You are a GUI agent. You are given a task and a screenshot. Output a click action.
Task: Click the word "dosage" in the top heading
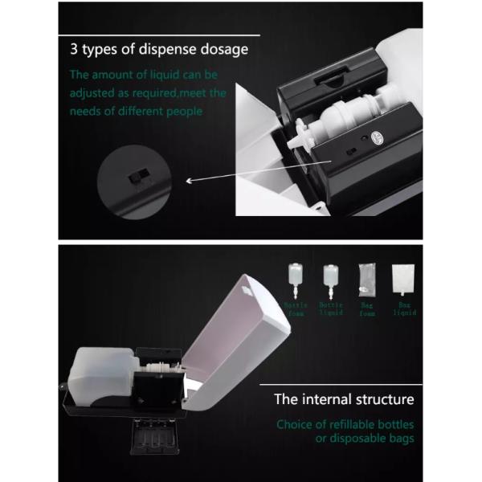click(x=223, y=50)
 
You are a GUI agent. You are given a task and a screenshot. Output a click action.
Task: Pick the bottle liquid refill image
click(x=330, y=278)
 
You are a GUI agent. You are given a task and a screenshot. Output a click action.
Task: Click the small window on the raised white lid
click(x=260, y=299)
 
